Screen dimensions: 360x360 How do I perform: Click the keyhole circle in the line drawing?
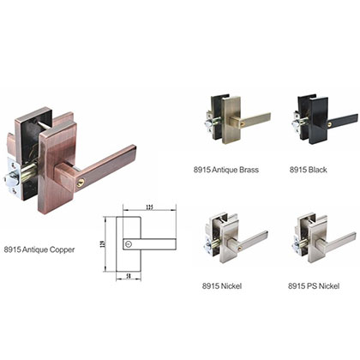(x=129, y=244)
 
